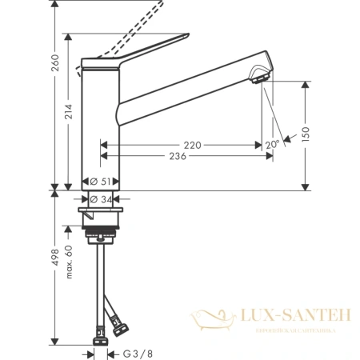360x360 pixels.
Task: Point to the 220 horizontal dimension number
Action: (x=191, y=145)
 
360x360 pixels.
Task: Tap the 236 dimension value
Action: (x=178, y=156)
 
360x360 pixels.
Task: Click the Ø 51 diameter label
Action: (x=101, y=182)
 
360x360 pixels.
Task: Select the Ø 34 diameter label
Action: (x=101, y=199)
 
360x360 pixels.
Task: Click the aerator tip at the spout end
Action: (x=258, y=77)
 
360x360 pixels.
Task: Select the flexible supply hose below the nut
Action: (x=102, y=280)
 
